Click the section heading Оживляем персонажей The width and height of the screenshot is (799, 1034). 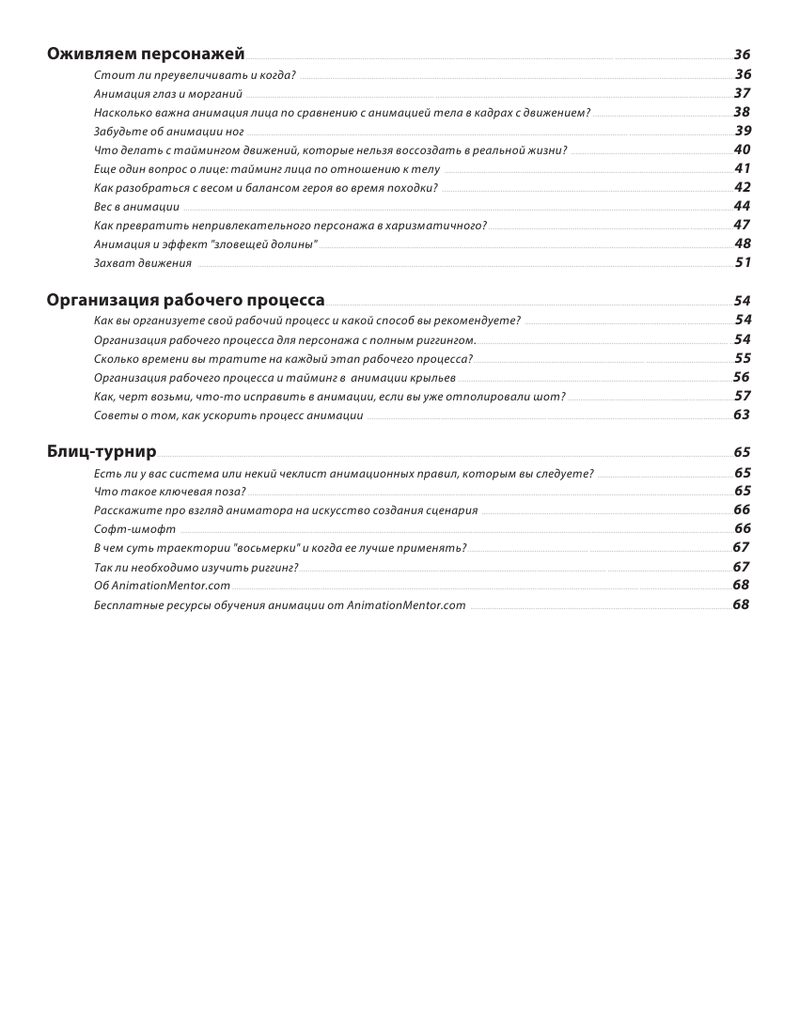(146, 54)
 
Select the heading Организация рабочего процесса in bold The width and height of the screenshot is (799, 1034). (186, 300)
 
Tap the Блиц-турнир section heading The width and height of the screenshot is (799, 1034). (102, 451)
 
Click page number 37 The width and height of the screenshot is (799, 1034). (742, 93)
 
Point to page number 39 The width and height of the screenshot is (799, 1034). (743, 131)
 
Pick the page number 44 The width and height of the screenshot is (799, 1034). (742, 206)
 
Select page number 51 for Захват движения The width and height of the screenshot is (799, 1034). (743, 262)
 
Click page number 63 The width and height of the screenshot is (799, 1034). (742, 415)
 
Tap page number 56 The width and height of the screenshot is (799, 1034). (742, 377)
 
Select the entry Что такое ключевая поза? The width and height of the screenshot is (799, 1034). (169, 492)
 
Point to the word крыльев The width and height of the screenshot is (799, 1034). (435, 377)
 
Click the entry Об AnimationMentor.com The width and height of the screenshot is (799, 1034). (162, 586)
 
